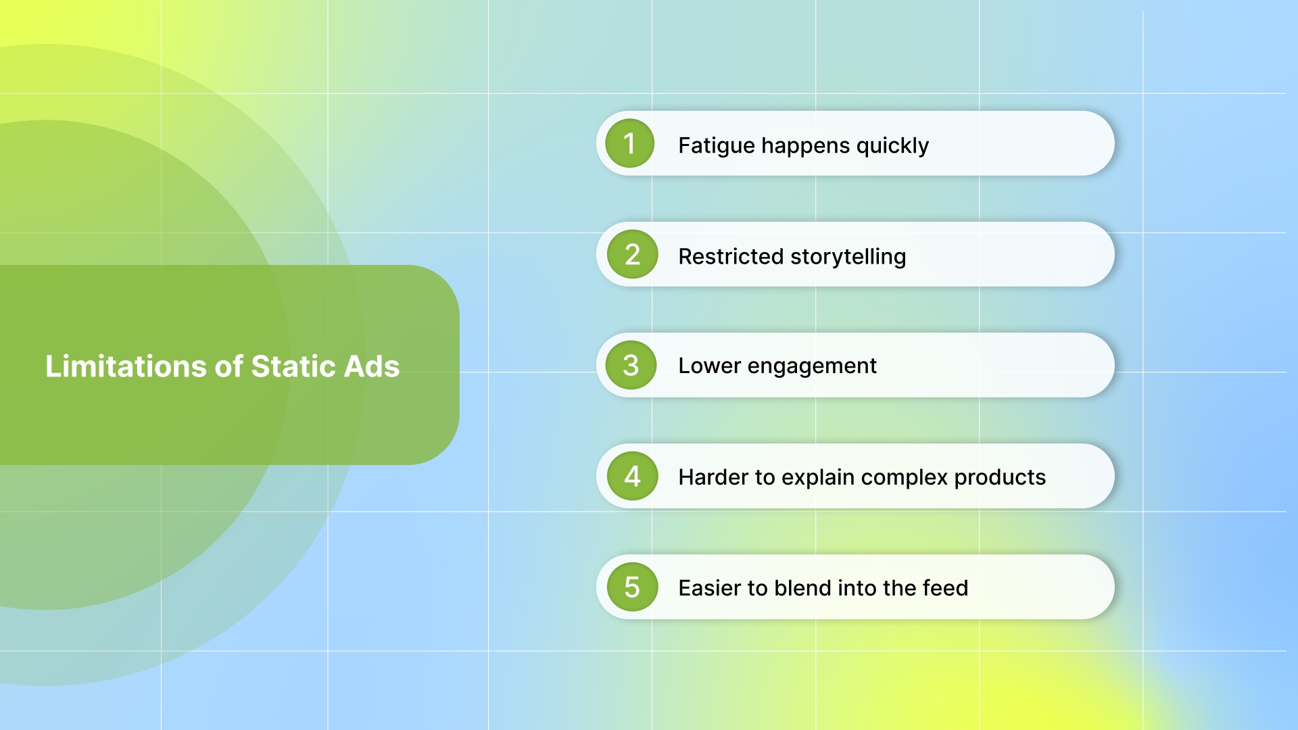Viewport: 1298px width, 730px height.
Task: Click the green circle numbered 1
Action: click(629, 143)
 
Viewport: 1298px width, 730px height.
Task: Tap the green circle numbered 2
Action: click(632, 255)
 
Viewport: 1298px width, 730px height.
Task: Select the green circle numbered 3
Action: click(631, 366)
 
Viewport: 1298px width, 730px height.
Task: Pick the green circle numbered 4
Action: click(632, 477)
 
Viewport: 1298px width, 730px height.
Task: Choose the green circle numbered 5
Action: click(632, 587)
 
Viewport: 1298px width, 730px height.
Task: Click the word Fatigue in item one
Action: click(716, 146)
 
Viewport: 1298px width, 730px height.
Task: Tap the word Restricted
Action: click(731, 257)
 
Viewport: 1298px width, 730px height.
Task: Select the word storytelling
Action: click(848, 257)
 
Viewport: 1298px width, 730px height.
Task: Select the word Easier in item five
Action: click(709, 588)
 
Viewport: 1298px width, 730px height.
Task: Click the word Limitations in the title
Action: click(126, 366)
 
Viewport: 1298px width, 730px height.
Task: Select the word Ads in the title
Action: click(371, 366)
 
